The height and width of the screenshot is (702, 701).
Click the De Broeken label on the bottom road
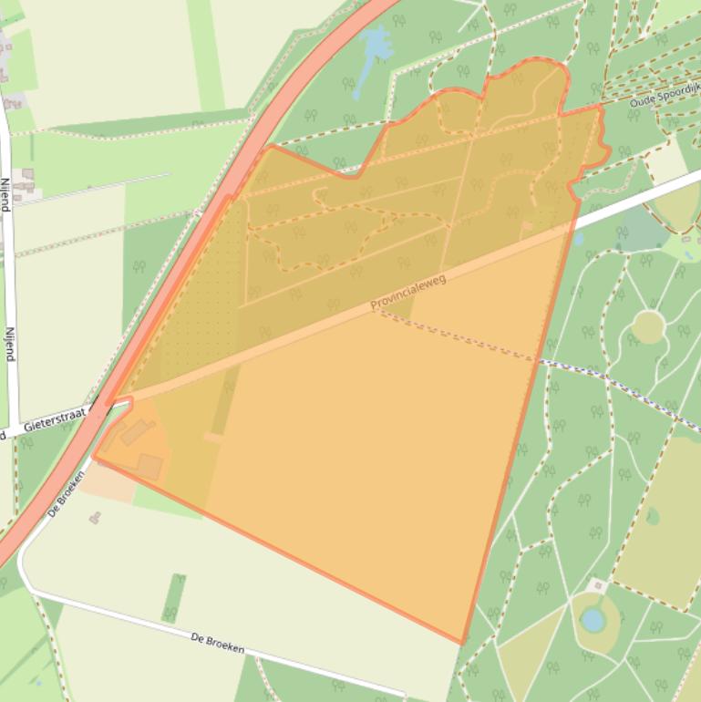coord(218,643)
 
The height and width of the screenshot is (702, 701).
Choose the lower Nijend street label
coord(10,345)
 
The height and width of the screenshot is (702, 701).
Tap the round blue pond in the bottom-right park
coord(593,620)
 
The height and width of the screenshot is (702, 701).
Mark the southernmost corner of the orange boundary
coord(462,643)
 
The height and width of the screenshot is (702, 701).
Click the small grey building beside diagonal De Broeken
coord(95,518)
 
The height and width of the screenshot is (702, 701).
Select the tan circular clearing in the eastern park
coord(647,325)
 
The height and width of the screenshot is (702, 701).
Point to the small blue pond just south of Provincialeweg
coord(579,239)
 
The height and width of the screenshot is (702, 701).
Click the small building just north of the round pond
coord(597,584)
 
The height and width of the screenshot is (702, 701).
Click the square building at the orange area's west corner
coord(149,467)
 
